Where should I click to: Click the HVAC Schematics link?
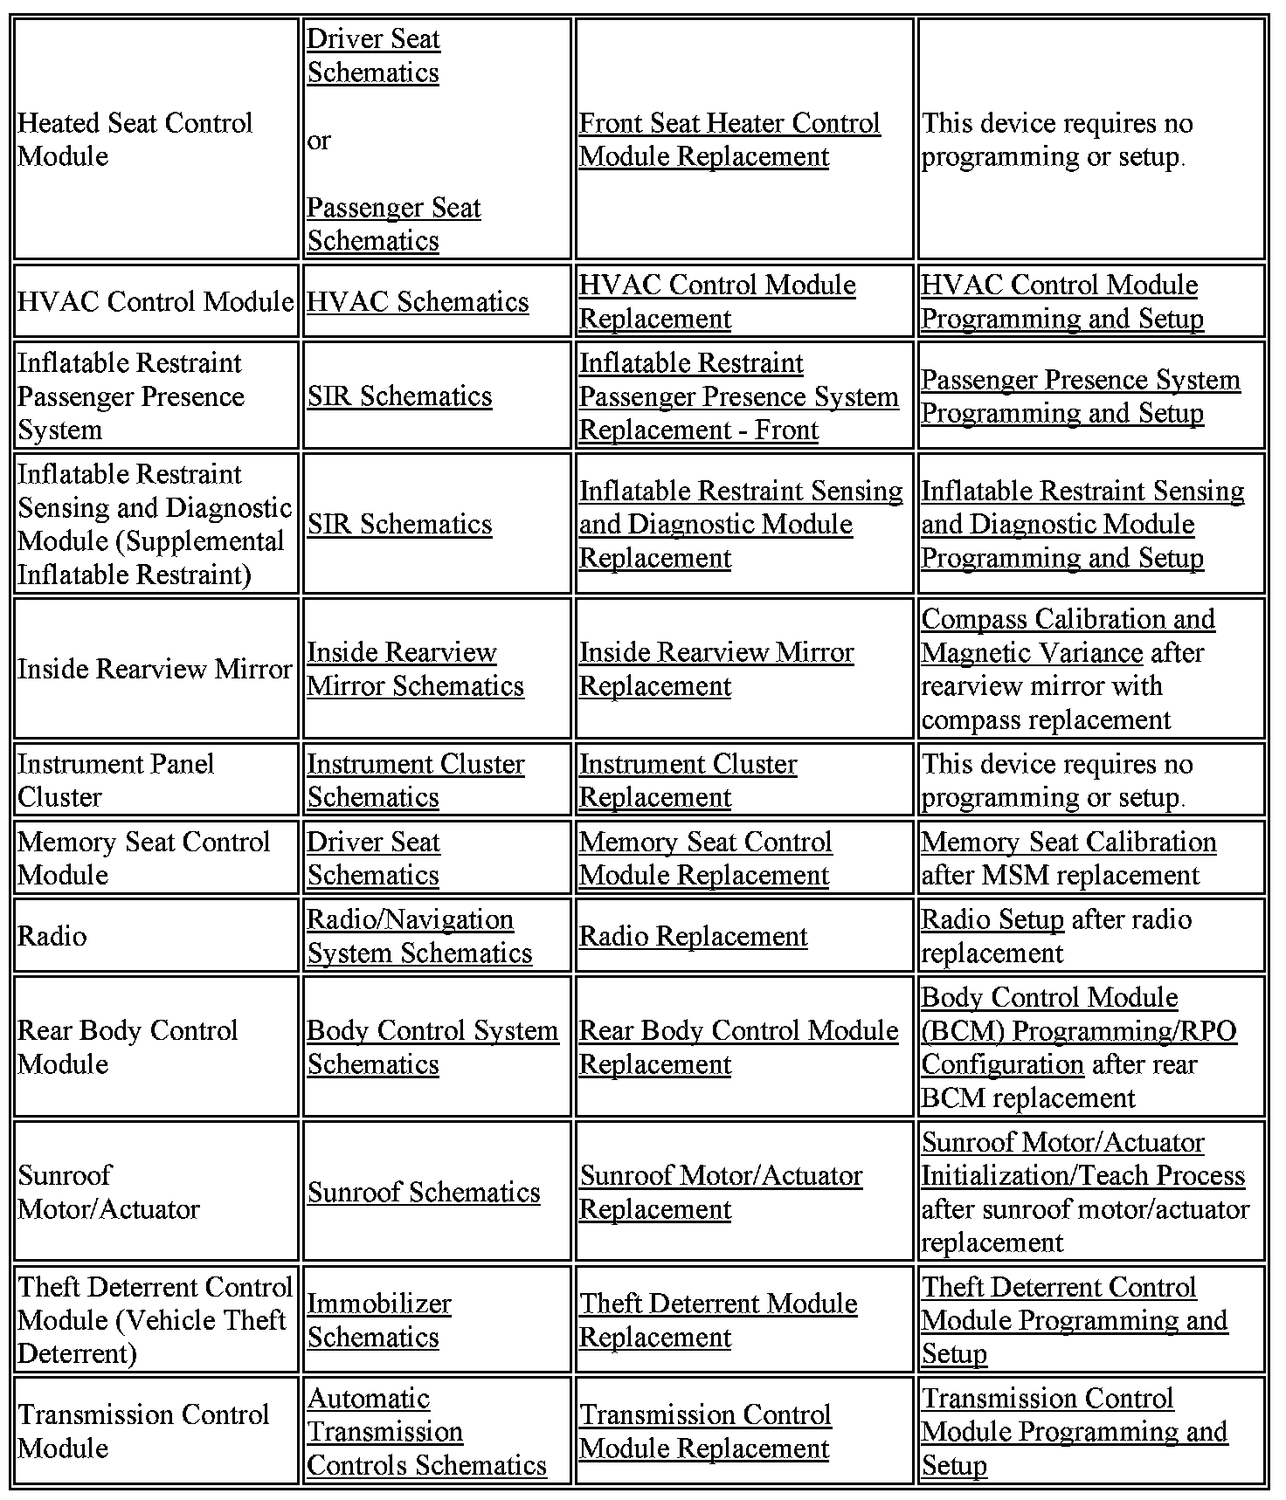point(418,302)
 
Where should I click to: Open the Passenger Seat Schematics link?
point(393,224)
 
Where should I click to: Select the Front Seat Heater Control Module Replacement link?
point(729,140)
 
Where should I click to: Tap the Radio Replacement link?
point(693,937)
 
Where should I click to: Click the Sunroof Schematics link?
point(424,1193)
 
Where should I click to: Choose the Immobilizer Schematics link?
point(379,1320)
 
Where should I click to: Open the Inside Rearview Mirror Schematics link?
point(415,669)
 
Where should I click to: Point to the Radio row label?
point(52,937)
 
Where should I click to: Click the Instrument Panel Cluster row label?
point(115,781)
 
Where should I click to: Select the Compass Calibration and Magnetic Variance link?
point(1068,636)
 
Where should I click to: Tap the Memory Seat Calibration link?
point(1068,843)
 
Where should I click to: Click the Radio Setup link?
point(992,920)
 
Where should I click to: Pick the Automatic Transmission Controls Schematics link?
point(426,1432)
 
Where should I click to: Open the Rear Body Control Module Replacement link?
point(738,1048)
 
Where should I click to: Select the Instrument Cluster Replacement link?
point(688,781)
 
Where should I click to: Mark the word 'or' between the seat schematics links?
point(319,141)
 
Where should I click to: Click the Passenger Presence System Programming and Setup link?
point(1080,396)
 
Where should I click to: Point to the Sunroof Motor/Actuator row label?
point(108,1193)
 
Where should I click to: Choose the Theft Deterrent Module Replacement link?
point(718,1320)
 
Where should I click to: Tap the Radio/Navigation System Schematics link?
point(419,937)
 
